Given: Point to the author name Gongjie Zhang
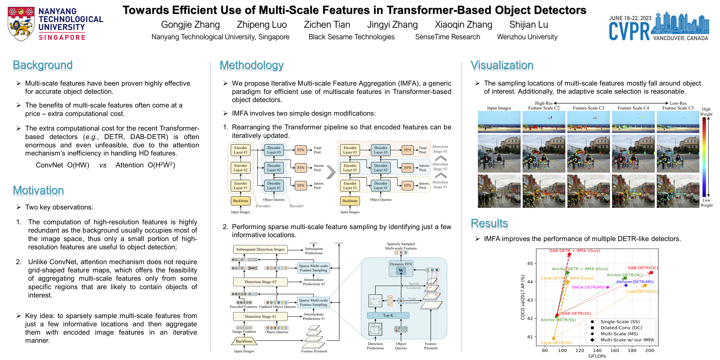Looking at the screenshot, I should (x=190, y=25).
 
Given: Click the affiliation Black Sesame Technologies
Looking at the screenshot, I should (x=351, y=37).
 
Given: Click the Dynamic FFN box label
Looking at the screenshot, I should (x=401, y=264).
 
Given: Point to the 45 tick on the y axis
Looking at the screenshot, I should (x=530, y=263).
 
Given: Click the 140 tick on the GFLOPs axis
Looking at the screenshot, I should (x=597, y=350).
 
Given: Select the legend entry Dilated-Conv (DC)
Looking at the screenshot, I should (x=621, y=327).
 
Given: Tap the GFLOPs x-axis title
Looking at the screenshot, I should (x=597, y=356).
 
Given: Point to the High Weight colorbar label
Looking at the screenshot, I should (x=706, y=112).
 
